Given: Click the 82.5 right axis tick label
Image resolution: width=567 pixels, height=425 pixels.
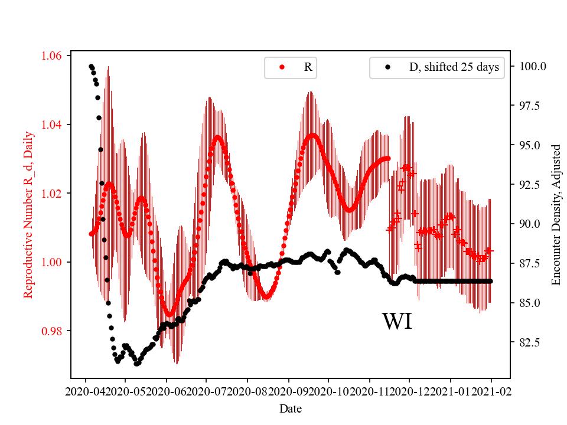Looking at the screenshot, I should click(530, 342).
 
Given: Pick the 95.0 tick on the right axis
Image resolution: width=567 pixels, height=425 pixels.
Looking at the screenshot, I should click(530, 145).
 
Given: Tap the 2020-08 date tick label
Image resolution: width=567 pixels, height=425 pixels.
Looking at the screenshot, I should click(247, 391).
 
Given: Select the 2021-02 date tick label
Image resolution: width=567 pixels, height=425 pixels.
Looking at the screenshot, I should click(491, 391).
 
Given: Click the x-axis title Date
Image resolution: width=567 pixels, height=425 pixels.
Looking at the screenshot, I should click(290, 408).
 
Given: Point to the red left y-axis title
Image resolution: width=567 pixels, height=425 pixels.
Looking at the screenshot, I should click(28, 214).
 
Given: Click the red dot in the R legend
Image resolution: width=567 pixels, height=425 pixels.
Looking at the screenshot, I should click(282, 67).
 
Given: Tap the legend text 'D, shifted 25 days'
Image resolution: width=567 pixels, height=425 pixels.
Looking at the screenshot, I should click(454, 67).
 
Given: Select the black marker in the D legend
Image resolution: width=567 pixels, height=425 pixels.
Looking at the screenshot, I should click(387, 67).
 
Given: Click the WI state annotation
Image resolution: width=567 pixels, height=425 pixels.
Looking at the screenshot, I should click(397, 322).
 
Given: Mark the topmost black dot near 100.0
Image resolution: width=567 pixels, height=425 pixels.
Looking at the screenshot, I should click(91, 67).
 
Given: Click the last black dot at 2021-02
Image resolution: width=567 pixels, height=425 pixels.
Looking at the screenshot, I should click(490, 281).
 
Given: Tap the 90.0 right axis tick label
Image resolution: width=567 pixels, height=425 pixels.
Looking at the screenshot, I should click(530, 224).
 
